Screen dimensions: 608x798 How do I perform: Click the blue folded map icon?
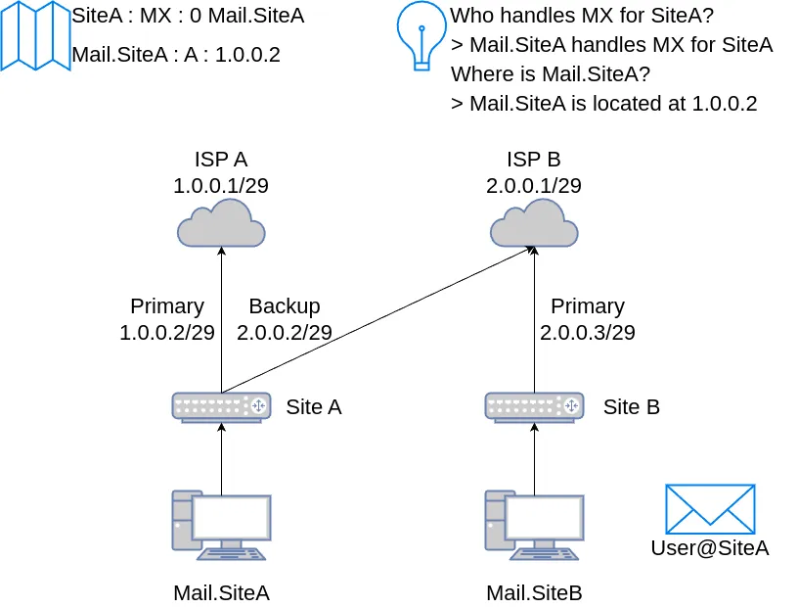[x=35, y=35]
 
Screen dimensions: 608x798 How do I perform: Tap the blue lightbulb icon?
[x=421, y=35]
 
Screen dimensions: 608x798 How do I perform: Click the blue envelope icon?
[x=710, y=508]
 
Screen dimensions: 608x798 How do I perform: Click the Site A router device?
[x=221, y=406]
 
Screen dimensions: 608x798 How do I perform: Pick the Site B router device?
[x=534, y=406]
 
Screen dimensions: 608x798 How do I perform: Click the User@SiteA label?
[x=710, y=548]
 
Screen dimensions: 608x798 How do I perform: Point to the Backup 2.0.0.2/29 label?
[x=285, y=319]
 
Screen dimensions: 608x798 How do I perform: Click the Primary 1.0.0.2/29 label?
[x=167, y=319]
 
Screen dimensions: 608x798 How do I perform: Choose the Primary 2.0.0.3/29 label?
[x=588, y=319]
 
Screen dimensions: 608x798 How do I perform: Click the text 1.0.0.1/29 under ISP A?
[x=221, y=185]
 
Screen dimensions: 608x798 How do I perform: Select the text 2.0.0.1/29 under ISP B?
[x=534, y=185]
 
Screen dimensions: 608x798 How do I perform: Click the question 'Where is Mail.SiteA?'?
[x=551, y=73]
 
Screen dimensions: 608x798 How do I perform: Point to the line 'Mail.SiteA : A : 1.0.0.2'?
[x=176, y=55]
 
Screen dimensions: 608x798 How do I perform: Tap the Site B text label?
[x=632, y=407]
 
